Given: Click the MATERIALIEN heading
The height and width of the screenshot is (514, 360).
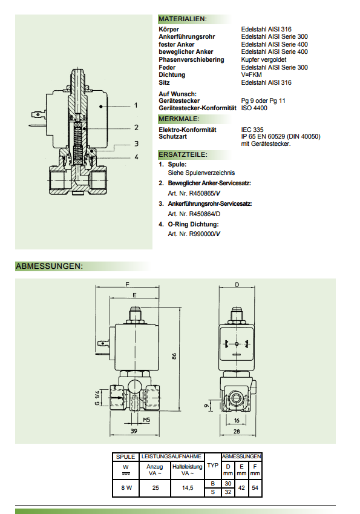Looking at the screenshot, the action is coord(183,19).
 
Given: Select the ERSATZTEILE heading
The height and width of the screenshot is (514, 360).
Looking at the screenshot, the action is coord(183,154).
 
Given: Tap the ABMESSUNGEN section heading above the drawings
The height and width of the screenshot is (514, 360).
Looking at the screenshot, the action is coord(49,266).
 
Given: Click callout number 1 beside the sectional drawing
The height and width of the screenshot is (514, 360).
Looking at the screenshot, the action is coord(136,105).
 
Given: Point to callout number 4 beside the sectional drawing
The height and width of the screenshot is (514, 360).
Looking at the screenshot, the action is coord(136,157).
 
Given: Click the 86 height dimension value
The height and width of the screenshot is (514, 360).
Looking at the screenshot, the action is coord(174,356).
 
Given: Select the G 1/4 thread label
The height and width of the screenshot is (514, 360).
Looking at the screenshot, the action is coord(97,398).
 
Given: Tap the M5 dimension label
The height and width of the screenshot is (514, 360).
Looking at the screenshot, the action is coord(146,420).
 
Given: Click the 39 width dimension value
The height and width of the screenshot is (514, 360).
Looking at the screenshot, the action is coord(134,431).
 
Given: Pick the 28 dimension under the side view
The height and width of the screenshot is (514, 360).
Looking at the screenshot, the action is coord(237,432).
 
